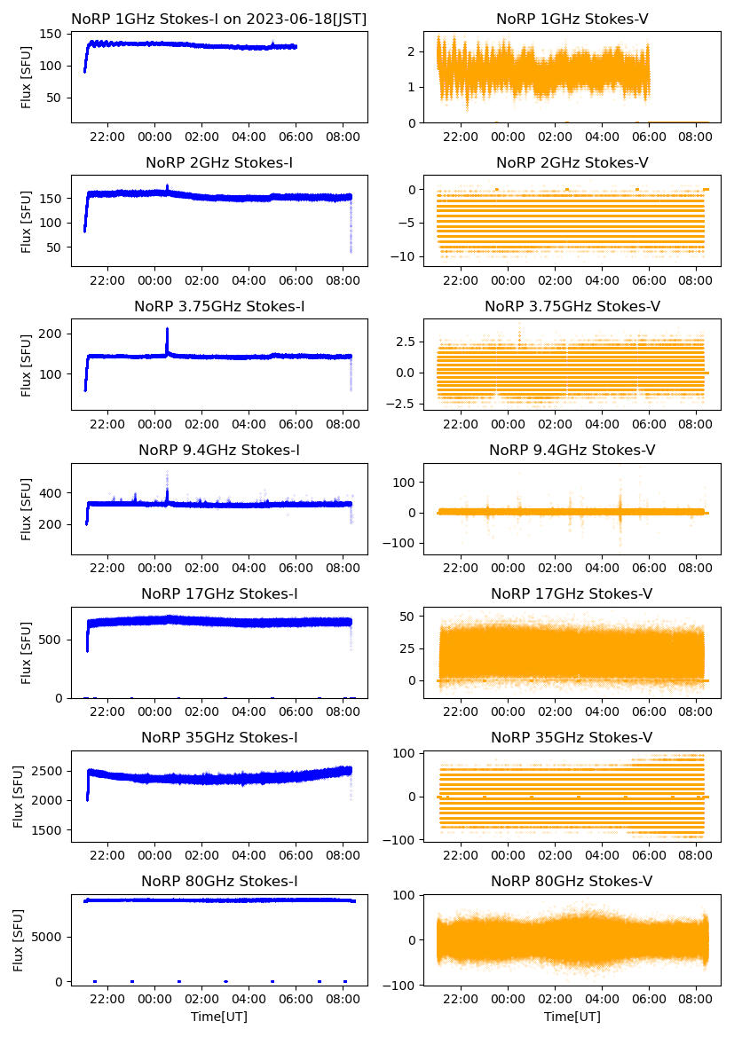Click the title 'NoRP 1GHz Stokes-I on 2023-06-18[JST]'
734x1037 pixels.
point(219,19)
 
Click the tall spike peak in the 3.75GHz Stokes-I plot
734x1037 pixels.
point(167,329)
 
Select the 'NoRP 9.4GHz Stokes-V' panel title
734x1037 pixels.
point(572,451)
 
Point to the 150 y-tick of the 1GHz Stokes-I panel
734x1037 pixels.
point(54,35)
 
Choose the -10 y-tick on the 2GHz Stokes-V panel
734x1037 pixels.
point(414,256)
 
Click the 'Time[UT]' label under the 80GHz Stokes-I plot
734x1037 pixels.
point(219,1017)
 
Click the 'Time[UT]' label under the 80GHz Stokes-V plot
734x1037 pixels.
point(572,1017)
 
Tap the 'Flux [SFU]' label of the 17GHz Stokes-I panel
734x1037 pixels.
point(27,654)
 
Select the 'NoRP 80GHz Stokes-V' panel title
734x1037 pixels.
point(572,882)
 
